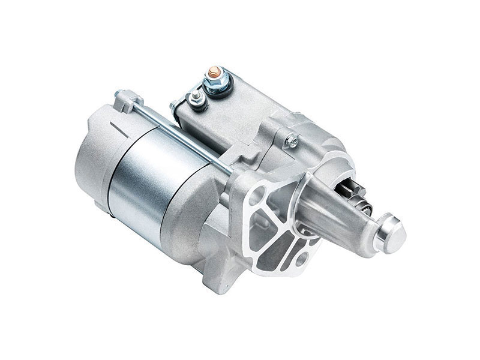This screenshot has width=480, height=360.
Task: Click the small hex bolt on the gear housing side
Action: pos(292,140)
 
